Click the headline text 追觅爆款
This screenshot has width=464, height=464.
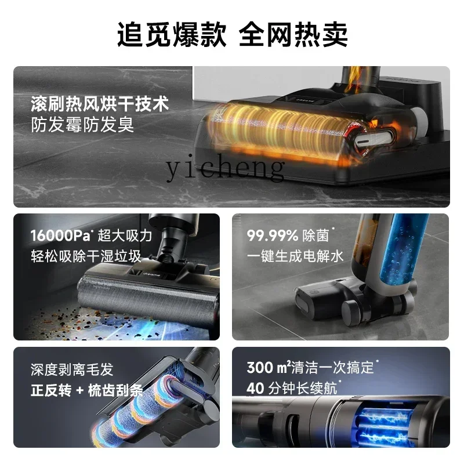point(172,35)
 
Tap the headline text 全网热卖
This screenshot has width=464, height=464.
point(293,35)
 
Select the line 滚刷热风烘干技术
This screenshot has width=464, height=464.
point(100,104)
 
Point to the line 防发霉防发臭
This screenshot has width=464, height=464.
point(82,125)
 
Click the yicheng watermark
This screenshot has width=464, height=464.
point(225,167)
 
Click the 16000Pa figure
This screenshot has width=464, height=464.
point(60,235)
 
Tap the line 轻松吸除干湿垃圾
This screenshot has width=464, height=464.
point(86,256)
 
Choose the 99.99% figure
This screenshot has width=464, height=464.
point(273,235)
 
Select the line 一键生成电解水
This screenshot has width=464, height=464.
point(295,256)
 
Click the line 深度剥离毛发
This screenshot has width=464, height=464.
point(72,369)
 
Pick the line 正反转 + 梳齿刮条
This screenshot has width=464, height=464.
point(86,390)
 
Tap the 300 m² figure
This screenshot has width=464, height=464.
point(269,368)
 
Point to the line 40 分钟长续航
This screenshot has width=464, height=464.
point(292,388)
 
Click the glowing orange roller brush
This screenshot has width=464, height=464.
point(281,130)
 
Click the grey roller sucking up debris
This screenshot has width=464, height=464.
point(147,299)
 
